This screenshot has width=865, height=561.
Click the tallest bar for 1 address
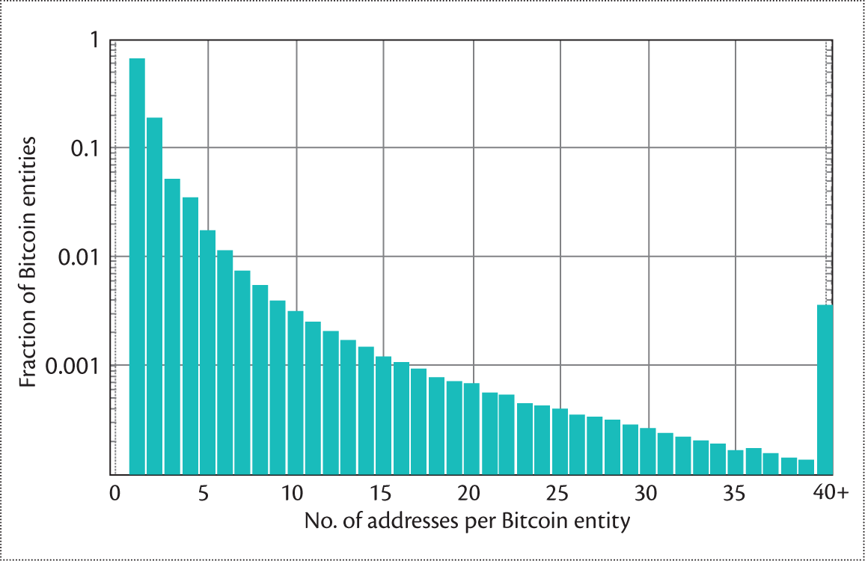[137, 266]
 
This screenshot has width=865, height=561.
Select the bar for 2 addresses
[154, 295]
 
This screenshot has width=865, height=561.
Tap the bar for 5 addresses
[207, 352]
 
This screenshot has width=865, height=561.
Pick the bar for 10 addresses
[296, 392]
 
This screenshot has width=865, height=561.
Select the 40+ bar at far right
[824, 389]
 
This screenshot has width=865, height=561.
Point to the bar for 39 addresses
[806, 467]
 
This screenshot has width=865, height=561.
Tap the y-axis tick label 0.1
[85, 148]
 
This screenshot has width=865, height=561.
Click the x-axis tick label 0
[114, 494]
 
